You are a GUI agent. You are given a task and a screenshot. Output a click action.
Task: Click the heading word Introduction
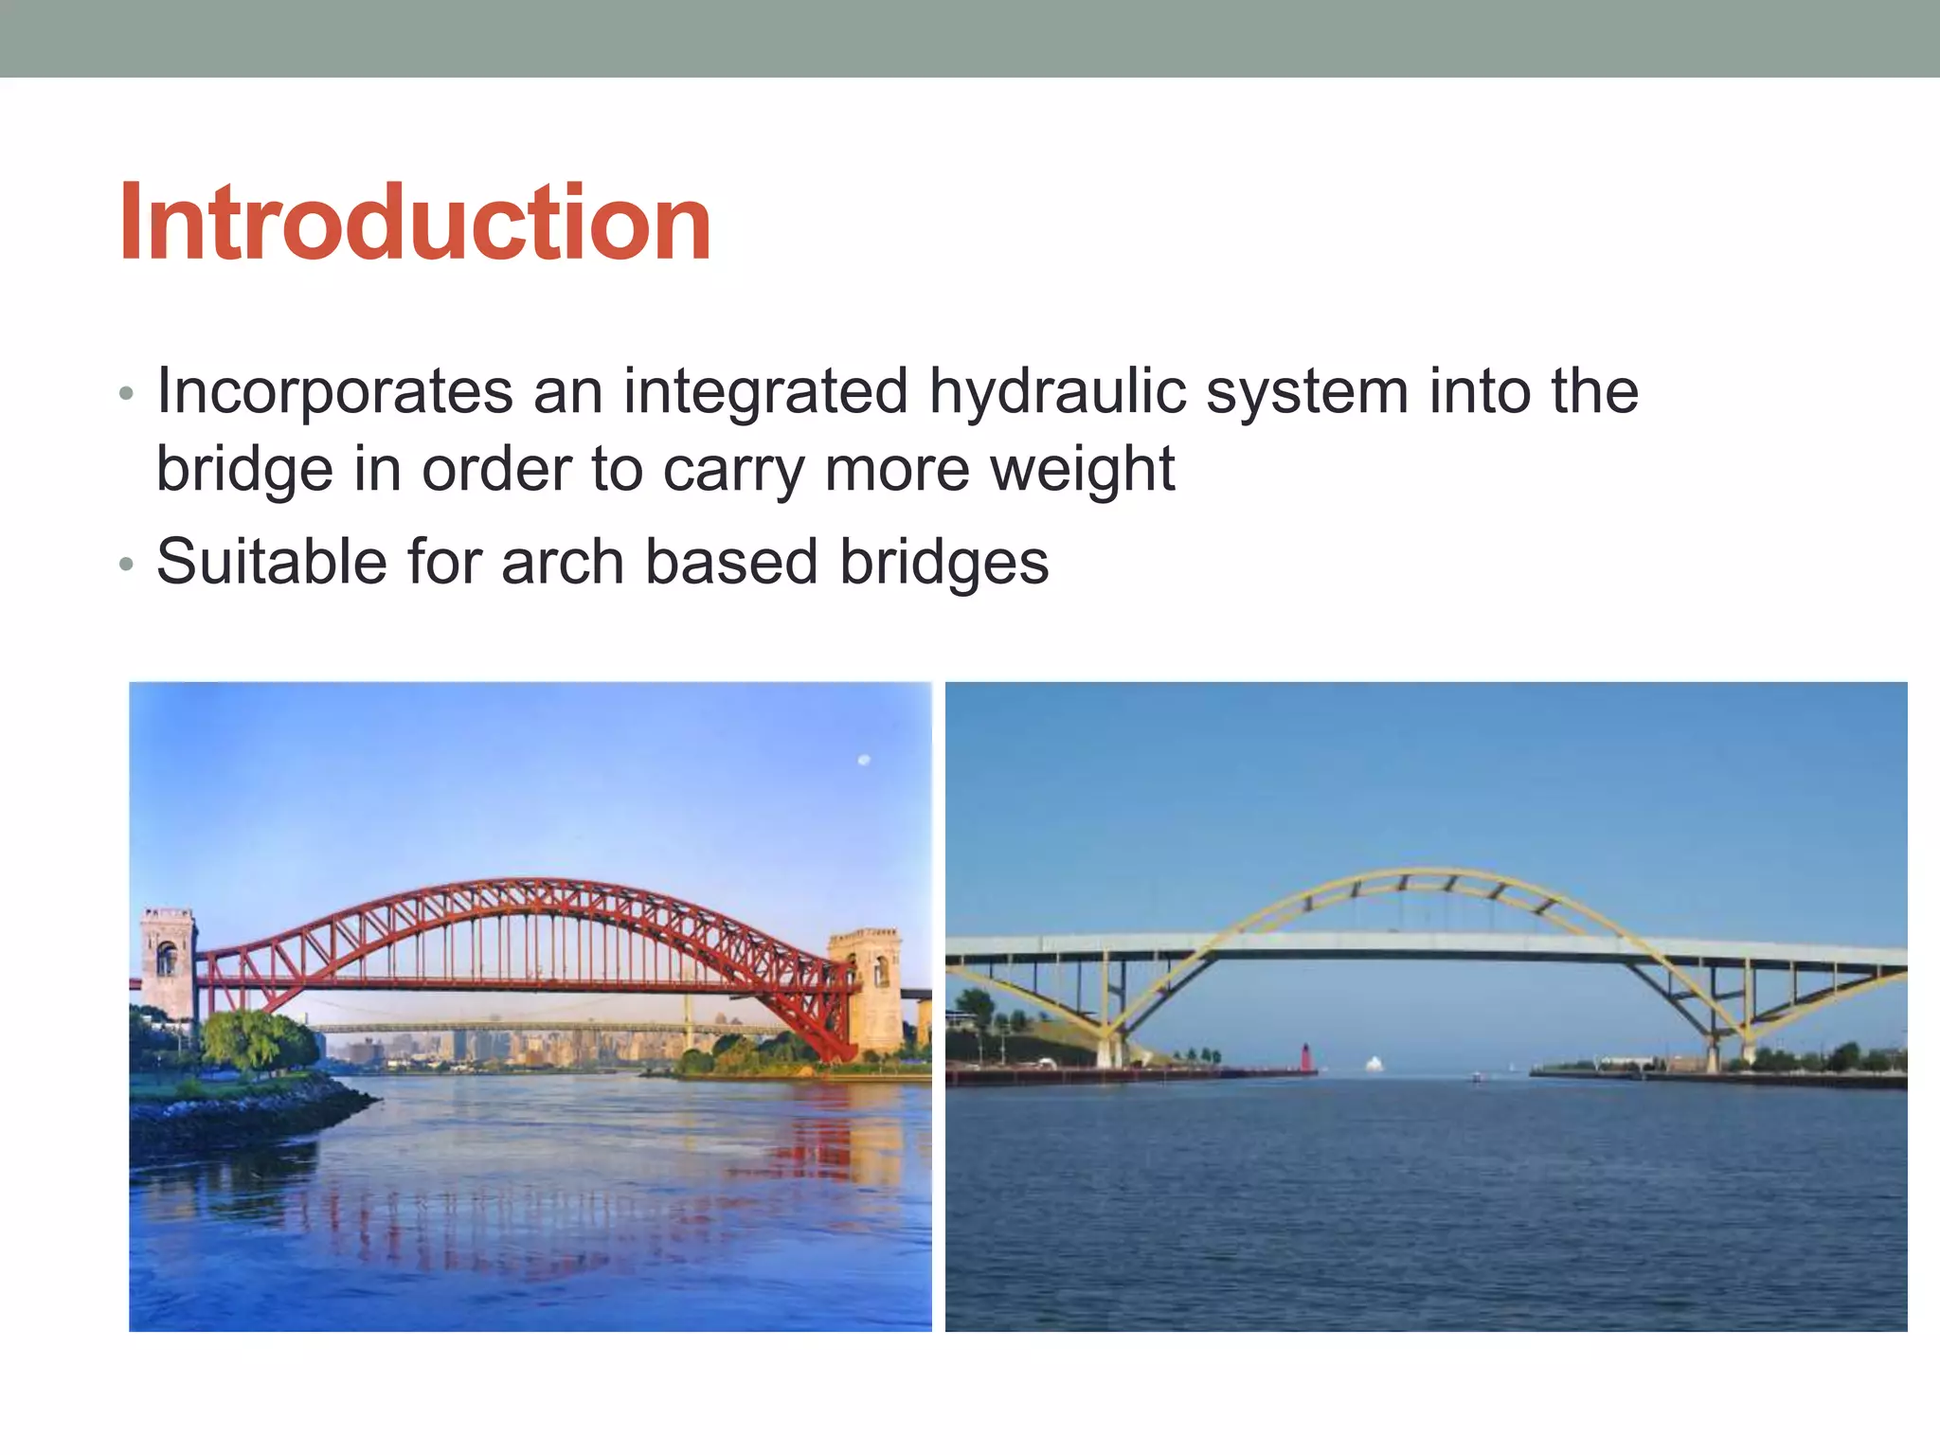click(x=414, y=224)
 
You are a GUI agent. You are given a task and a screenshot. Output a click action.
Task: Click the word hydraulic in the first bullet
click(x=1056, y=391)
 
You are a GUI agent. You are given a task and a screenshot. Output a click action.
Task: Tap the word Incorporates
click(x=333, y=391)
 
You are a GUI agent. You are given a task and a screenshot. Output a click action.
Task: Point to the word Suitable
click(x=271, y=562)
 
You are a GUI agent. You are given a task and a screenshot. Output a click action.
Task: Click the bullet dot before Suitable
click(x=126, y=566)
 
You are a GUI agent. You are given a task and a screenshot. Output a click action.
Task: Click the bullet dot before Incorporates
click(x=126, y=394)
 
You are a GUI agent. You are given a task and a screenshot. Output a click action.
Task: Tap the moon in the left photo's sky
click(x=863, y=760)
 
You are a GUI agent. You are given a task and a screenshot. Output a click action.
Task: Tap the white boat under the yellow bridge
click(x=1374, y=1065)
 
